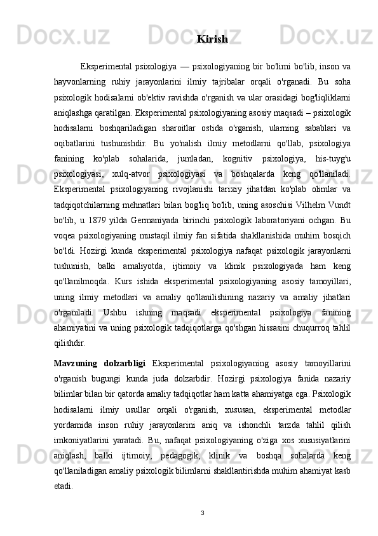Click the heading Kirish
[x=212, y=39]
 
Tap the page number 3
[x=201, y=512]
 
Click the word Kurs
[x=135, y=262]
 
